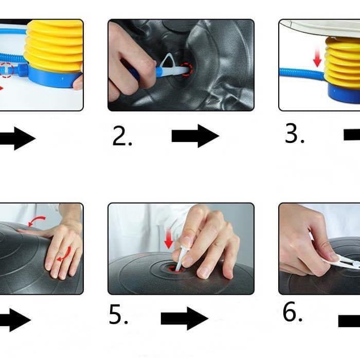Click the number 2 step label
point(122,136)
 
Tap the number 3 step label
point(295,133)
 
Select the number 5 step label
point(118,314)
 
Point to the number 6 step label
point(292,311)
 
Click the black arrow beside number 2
point(195,136)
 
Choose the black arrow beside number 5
point(185,318)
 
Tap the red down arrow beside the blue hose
point(317,56)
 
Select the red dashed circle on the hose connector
point(6,70)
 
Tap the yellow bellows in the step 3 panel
point(343,62)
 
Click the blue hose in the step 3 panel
point(302,73)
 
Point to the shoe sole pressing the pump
point(321,28)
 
